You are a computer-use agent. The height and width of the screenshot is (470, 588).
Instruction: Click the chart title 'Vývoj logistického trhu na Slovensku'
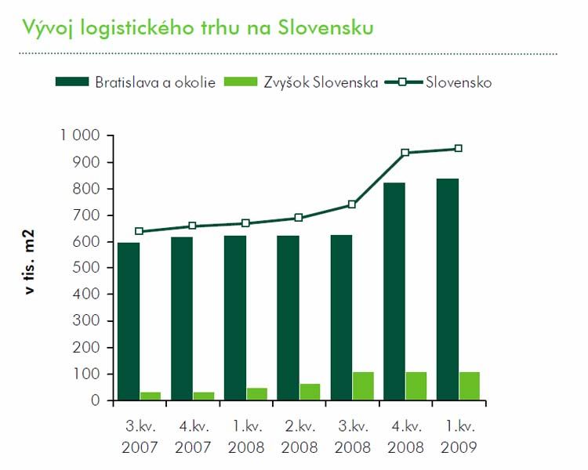pyautogui.click(x=198, y=28)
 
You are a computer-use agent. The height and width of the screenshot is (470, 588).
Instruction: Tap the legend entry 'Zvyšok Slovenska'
pyautogui.click(x=302, y=81)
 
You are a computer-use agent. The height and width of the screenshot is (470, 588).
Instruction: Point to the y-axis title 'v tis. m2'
pyautogui.click(x=31, y=267)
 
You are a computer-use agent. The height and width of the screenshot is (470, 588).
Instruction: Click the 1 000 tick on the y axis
pyautogui.click(x=79, y=136)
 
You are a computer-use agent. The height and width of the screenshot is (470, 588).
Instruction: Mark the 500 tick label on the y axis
pyautogui.click(x=86, y=268)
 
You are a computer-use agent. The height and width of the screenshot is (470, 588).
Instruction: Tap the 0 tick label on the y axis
pyautogui.click(x=96, y=400)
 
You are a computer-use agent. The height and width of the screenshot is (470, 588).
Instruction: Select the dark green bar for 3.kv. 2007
pyautogui.click(x=129, y=321)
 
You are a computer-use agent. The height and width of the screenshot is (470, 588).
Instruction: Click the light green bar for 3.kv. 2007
pyautogui.click(x=151, y=396)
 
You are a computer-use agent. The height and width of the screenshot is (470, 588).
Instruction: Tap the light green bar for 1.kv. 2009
pyautogui.click(x=469, y=385)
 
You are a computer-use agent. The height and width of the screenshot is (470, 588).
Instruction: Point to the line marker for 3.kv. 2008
pyautogui.click(x=352, y=204)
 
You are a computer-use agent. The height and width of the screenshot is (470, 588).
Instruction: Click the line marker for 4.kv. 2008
pyautogui.click(x=405, y=153)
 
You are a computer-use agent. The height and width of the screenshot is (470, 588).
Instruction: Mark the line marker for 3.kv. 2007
pyautogui.click(x=140, y=231)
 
